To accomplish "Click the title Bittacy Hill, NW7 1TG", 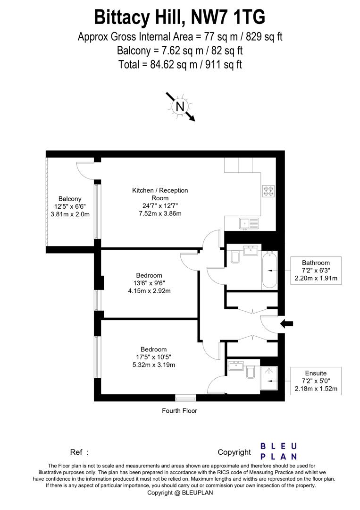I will [x=180, y=17].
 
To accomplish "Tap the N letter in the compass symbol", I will [x=180, y=107].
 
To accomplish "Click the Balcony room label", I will [x=70, y=199].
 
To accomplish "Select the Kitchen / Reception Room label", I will [x=153, y=194].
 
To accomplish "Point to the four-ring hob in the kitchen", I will [x=268, y=190].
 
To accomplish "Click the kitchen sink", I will [x=248, y=223].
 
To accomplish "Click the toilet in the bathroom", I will [x=235, y=258].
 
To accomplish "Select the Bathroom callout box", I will [x=316, y=271].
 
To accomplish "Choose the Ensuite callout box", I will [x=316, y=381].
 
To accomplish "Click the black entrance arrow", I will [x=286, y=323].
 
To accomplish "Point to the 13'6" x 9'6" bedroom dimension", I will [x=149, y=283].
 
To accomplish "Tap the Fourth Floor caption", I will [x=179, y=411].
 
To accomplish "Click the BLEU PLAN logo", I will [x=279, y=451].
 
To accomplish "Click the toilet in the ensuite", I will [x=251, y=373].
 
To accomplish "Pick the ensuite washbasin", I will [x=234, y=366].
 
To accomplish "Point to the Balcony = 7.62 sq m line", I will [x=180, y=50].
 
